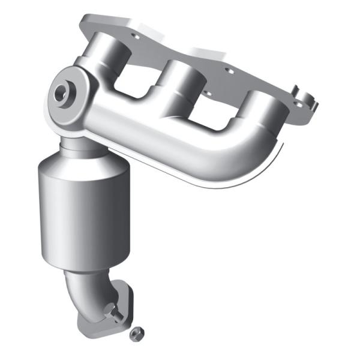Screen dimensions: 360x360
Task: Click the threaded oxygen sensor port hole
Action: click(x=61, y=94)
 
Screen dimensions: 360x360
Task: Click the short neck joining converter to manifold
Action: click(x=75, y=144)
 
